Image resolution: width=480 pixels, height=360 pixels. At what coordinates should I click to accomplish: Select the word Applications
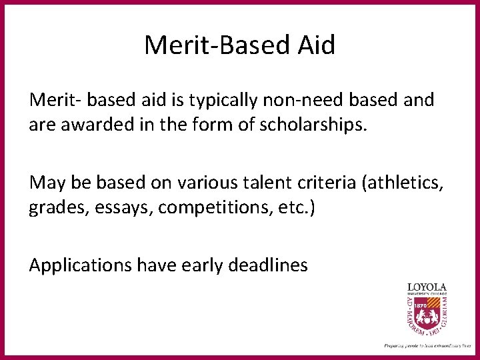point(80,265)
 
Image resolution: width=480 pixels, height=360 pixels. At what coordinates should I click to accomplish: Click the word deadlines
point(267,265)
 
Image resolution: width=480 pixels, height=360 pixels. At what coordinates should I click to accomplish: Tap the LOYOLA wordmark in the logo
point(427,287)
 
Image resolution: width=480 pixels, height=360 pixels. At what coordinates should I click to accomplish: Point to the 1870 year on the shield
point(421,305)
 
